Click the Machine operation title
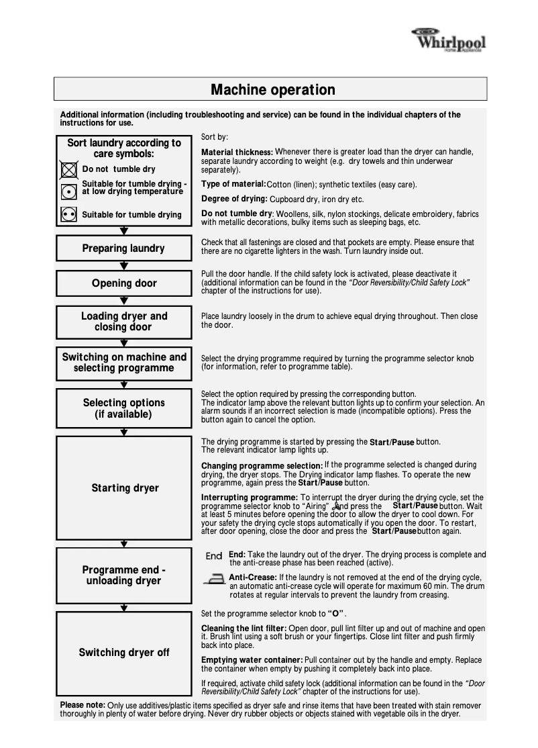(x=272, y=90)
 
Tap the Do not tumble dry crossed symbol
(x=68, y=169)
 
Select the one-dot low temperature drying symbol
(x=68, y=191)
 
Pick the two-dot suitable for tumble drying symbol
(x=68, y=215)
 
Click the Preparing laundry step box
(x=123, y=248)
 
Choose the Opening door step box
(x=123, y=283)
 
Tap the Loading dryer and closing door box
(x=123, y=322)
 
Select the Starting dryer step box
(x=123, y=488)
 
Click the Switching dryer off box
(x=123, y=653)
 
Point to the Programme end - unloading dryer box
(x=123, y=575)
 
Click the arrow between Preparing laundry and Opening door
(x=123, y=266)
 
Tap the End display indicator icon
(x=214, y=557)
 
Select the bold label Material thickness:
(x=237, y=152)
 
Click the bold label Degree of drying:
(x=234, y=199)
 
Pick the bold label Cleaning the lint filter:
(x=244, y=628)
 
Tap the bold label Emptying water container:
(x=252, y=660)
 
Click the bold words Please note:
(x=83, y=705)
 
